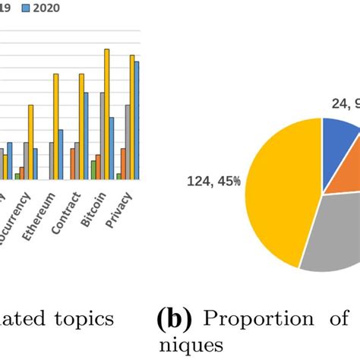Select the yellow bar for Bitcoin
[107, 114]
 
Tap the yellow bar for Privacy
[131, 117]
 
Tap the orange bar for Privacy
[122, 163]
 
